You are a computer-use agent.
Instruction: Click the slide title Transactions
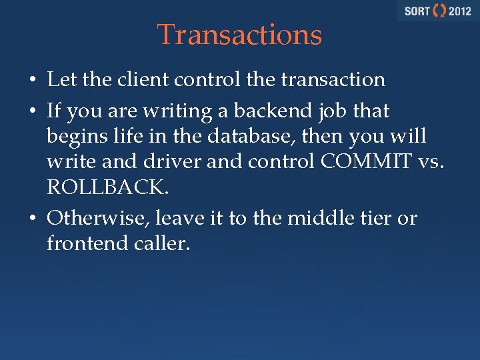pos(239,35)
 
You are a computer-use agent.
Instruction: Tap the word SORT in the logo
pos(417,11)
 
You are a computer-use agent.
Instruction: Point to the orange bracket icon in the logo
pos(440,11)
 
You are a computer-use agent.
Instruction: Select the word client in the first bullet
pos(138,79)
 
